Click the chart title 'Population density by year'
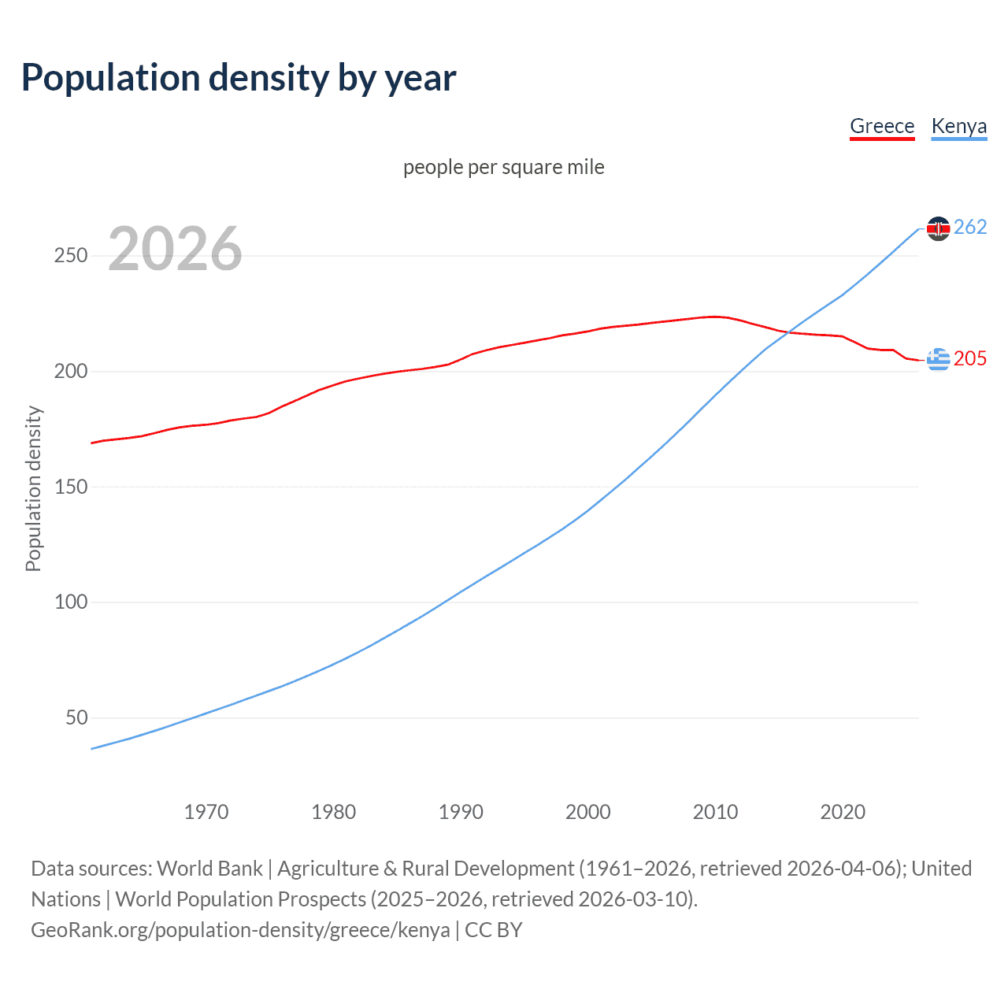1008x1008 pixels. click(x=239, y=77)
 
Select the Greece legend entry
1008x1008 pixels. click(x=882, y=126)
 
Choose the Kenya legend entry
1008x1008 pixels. click(x=958, y=126)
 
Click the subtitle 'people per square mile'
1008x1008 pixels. click(x=504, y=167)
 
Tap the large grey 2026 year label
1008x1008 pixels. click(x=175, y=249)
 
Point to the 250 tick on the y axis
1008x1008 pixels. click(x=71, y=256)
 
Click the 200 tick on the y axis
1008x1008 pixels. click(x=71, y=371)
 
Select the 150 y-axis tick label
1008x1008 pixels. click(x=71, y=487)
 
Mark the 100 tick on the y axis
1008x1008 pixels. click(x=71, y=602)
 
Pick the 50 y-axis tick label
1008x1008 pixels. click(x=76, y=717)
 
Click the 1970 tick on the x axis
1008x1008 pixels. click(x=206, y=812)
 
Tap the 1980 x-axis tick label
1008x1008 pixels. click(x=333, y=812)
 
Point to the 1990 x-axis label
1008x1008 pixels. click(x=461, y=812)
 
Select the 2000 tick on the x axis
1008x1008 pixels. click(x=588, y=812)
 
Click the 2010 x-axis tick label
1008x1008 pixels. click(x=715, y=812)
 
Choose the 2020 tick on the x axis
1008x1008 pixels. click(x=843, y=812)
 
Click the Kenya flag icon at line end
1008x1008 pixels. click(x=938, y=228)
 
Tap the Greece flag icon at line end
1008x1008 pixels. click(x=938, y=359)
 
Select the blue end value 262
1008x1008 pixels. click(x=970, y=228)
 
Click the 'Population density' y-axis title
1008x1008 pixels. click(x=33, y=488)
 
